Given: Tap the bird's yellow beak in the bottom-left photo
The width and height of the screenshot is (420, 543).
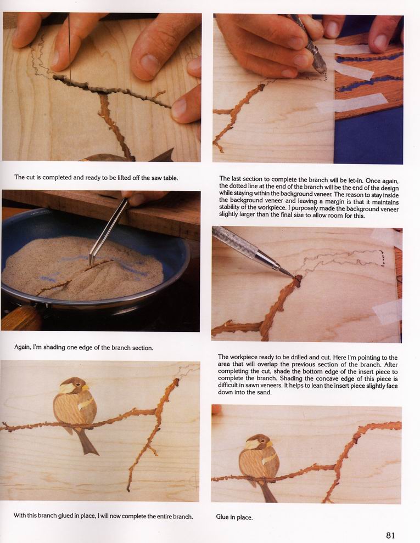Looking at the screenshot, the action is tap(85, 387).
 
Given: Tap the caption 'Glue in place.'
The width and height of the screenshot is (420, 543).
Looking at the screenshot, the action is tap(234, 517).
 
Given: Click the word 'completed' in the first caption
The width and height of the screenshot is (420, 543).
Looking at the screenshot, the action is tap(57, 177).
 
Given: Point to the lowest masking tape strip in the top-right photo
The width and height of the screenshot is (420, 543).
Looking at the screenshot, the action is tap(352, 104).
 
